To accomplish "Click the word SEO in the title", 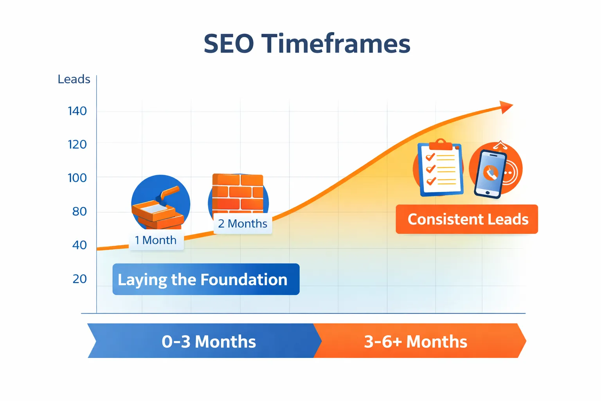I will coord(229,43).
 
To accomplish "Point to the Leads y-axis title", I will coord(74,79).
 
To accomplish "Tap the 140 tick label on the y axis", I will coord(77,111).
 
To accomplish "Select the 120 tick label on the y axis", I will coord(77,145).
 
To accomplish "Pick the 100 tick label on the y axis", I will coord(77,178).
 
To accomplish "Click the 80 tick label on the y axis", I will coord(79,212).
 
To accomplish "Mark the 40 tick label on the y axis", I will coord(79,245).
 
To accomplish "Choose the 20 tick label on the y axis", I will coord(79,279).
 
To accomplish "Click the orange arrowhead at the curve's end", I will coord(506,107).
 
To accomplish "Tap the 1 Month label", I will coord(156,240).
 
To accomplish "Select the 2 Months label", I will coord(243,224).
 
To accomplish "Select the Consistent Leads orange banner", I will coord(467,219).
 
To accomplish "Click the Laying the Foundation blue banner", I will coord(206,280).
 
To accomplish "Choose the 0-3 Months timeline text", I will coord(209,341).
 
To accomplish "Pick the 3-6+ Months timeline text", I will coord(416,341).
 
